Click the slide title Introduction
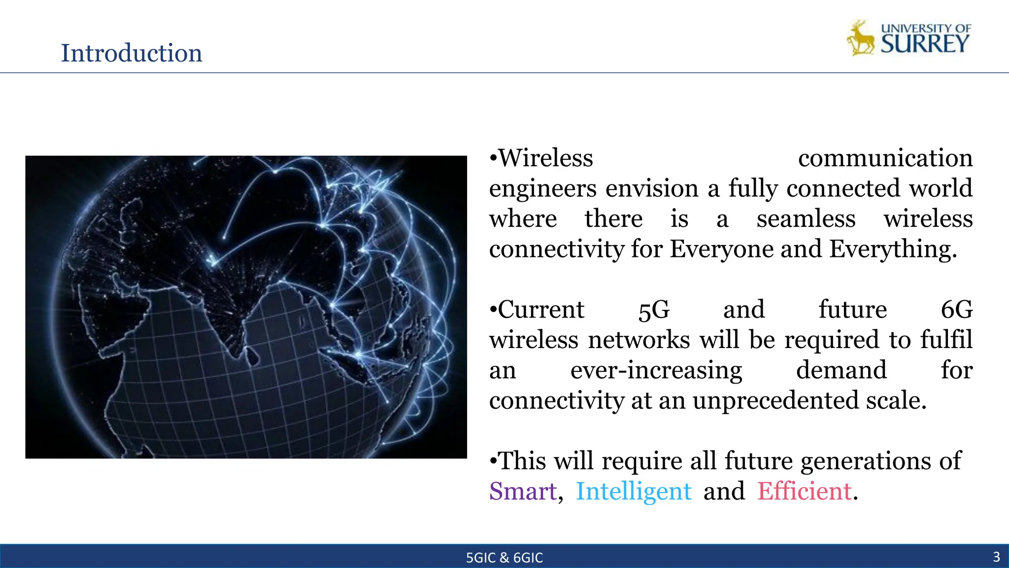click(131, 53)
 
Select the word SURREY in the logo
click(925, 44)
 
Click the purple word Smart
click(523, 491)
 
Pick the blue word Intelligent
click(634, 491)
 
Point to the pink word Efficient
click(805, 491)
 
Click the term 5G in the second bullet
click(654, 310)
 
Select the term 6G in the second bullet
click(957, 310)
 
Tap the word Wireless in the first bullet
click(546, 158)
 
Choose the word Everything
click(892, 249)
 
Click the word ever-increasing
click(656, 370)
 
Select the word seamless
click(806, 219)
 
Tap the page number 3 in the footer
click(996, 557)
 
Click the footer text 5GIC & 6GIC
click(504, 558)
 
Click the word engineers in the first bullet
click(543, 188)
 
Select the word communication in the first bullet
click(885, 158)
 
